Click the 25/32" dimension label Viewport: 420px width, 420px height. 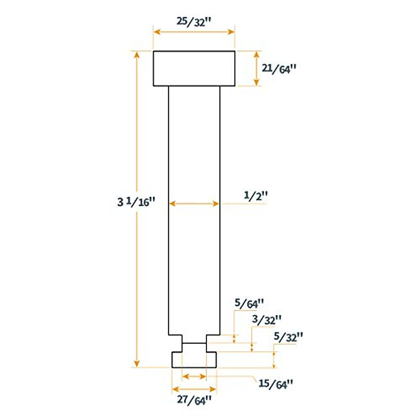[194, 22]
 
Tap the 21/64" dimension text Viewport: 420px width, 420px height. [279, 69]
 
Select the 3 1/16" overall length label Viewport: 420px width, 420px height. [136, 202]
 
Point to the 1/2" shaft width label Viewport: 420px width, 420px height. [255, 196]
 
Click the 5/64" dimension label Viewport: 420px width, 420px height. [249, 303]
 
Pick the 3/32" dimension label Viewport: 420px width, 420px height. [267, 320]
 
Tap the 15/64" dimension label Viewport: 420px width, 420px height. [275, 384]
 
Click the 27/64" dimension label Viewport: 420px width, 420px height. [194, 400]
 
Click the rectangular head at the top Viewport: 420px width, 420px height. [194, 69]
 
